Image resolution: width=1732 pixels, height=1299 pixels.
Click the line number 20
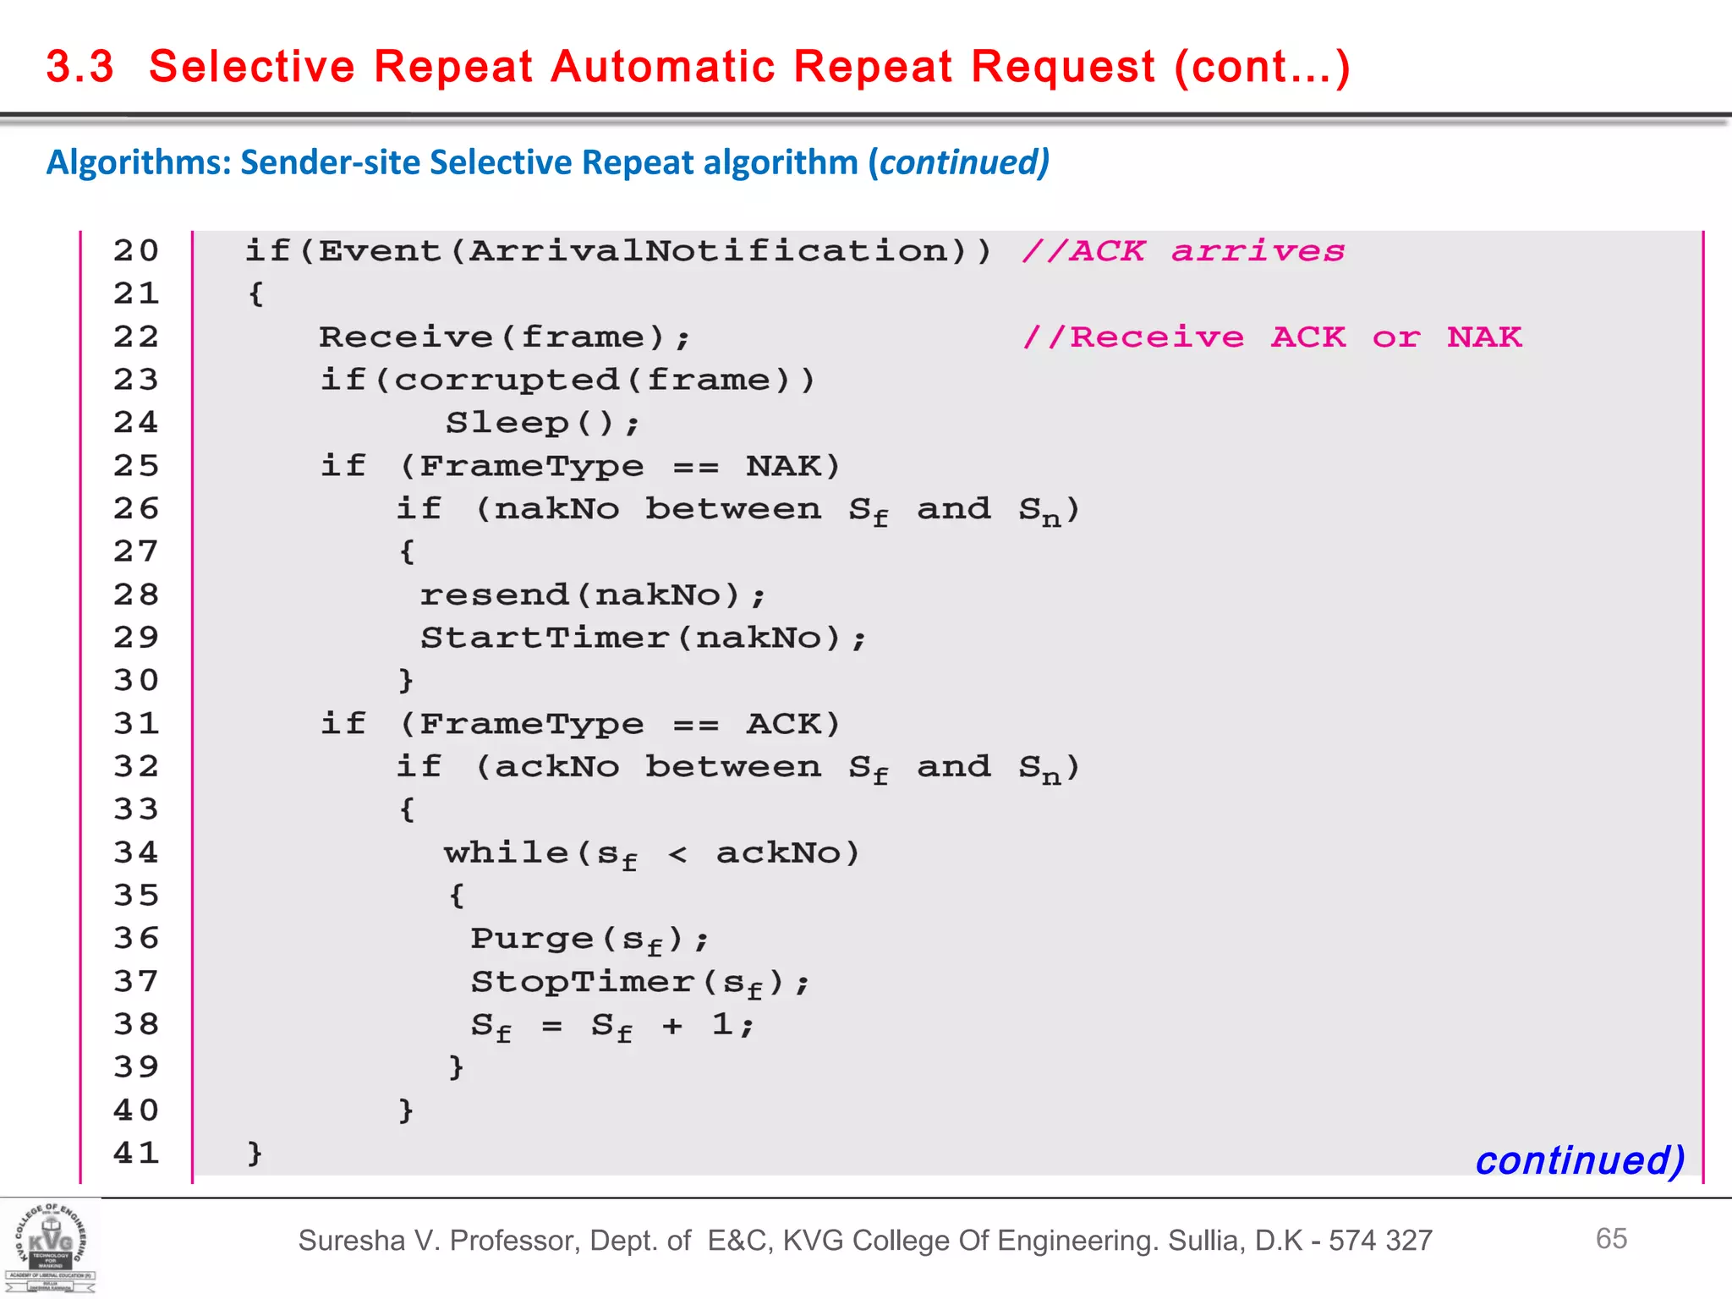(x=136, y=251)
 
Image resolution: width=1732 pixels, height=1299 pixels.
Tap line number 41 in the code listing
(x=136, y=1154)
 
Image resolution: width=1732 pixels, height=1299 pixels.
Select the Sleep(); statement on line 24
(x=543, y=423)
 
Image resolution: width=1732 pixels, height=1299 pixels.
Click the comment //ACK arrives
(x=1183, y=251)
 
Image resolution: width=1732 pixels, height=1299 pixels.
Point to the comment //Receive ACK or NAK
(x=1272, y=337)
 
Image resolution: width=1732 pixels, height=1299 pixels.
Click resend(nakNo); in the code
(x=593, y=595)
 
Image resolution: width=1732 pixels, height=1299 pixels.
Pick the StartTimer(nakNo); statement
(x=644, y=638)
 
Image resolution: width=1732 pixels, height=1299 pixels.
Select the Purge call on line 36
(x=589, y=940)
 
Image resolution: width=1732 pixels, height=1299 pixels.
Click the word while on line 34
(x=506, y=852)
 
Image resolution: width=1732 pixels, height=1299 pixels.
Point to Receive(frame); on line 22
(x=505, y=337)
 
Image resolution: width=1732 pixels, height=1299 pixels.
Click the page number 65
(x=1611, y=1238)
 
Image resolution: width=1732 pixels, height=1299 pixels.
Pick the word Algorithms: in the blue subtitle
(x=139, y=162)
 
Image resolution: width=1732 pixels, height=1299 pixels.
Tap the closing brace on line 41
(x=255, y=1154)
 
